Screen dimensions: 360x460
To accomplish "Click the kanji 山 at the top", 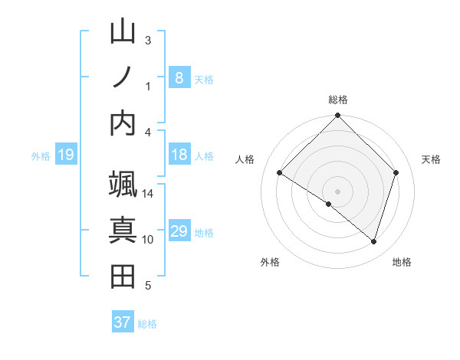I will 123,32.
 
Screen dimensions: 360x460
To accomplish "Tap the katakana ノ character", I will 123,77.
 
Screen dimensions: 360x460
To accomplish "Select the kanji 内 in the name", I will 123,123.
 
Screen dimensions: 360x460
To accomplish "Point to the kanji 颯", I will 123,185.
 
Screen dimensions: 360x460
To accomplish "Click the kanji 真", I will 123,231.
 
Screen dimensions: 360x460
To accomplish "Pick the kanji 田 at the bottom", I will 123,277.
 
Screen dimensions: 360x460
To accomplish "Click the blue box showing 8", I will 179,78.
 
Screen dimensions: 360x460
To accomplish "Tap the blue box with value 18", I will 179,155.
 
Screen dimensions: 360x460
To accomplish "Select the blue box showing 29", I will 179,232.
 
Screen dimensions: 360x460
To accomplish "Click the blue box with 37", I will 122,322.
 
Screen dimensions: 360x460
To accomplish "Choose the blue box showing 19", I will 65,155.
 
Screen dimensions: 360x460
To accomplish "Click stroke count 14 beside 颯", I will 148,194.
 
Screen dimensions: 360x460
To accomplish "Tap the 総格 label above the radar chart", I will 338,100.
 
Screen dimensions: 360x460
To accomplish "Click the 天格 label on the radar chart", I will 432,159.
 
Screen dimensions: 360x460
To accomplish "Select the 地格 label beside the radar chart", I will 402,263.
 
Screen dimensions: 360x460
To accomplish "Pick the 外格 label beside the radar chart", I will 270,263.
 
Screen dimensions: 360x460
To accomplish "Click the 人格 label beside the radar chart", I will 245,159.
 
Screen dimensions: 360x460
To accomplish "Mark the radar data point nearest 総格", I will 338,117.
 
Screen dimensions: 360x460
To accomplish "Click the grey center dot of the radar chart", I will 338,191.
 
